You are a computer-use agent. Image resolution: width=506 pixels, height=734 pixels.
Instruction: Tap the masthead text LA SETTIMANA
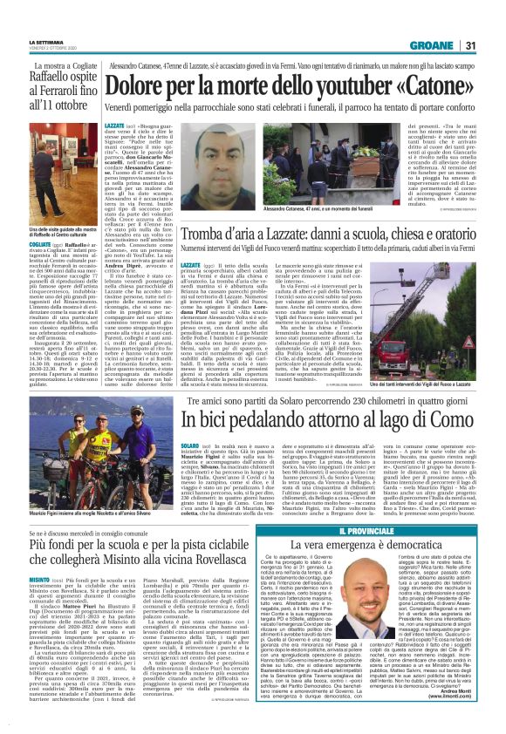coord(46,42)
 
